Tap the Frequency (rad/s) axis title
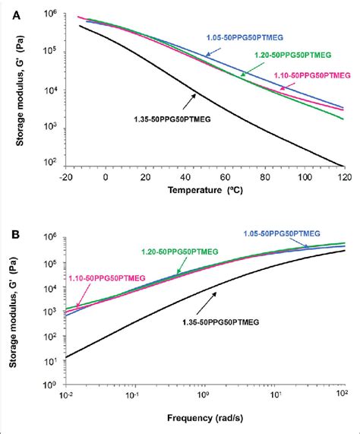pos(207,417)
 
